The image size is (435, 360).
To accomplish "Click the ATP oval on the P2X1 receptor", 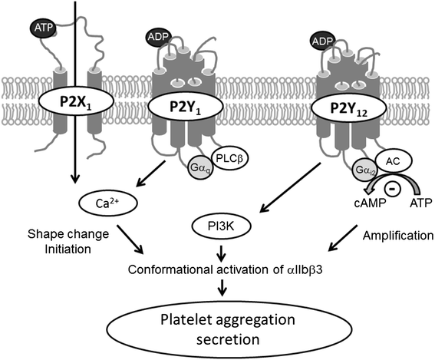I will point(41,28).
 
